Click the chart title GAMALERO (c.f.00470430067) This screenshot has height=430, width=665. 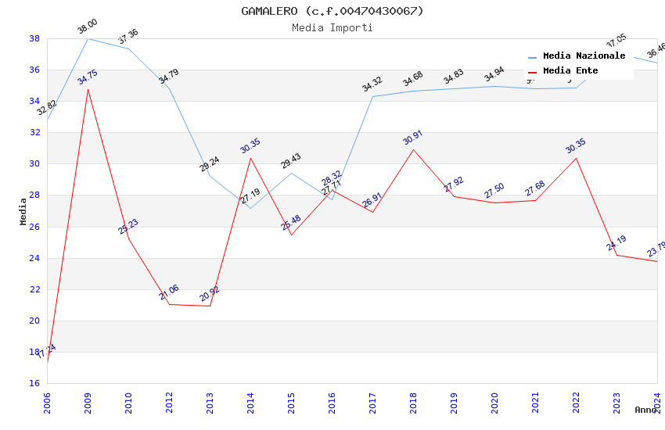coord(332,11)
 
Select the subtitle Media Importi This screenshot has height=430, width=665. coord(332,27)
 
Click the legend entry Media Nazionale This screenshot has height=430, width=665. coord(584,56)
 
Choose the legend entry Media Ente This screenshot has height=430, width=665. coord(570,71)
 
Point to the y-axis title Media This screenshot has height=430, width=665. coord(23,211)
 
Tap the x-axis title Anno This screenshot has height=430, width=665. coord(645,410)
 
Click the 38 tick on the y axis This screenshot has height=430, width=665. coord(34,38)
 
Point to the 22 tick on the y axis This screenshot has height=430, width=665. coord(34,289)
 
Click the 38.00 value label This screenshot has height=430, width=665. coord(88,29)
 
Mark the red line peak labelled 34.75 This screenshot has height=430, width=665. coord(88,89)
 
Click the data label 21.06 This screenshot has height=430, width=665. coord(169,293)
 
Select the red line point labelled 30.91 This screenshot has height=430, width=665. coord(413,149)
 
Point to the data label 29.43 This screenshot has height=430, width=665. coord(291,162)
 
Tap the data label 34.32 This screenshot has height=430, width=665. coord(372,84)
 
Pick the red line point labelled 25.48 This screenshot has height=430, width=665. coord(291,235)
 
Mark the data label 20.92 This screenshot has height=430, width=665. coord(210,295)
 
